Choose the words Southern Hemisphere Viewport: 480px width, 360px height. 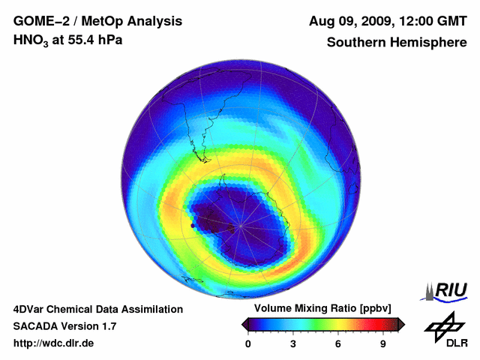coord(396,42)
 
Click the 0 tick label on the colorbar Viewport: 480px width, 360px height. coord(248,344)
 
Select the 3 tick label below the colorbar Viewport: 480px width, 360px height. coord(293,344)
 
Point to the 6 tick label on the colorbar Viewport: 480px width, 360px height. coord(338,344)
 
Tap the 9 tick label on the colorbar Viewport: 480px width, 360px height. coord(383,344)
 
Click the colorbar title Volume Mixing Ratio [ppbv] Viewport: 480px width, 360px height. coord(319,308)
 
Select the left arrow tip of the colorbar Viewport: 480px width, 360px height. coord(244,324)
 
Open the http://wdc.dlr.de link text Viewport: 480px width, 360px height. coord(54,343)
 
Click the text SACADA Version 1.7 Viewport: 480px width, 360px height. coord(64,326)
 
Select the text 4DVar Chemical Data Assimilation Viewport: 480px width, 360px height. coord(97,309)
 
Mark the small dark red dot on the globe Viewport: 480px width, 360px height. coord(193,224)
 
